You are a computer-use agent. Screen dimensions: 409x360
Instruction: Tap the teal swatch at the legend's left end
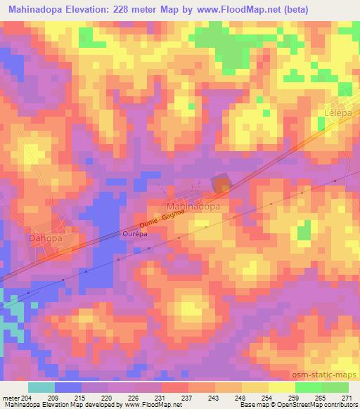tap(41, 387)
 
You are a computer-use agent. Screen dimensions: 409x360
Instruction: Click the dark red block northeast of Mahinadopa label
tap(221, 184)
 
